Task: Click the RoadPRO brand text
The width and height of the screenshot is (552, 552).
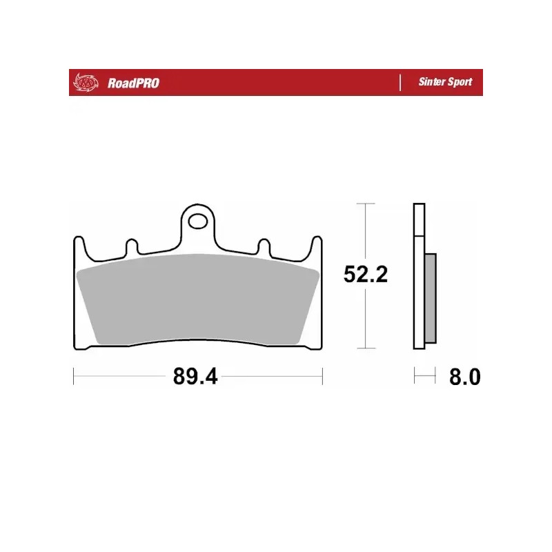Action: pos(133,83)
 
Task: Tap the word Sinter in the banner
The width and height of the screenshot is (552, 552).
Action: pos(431,82)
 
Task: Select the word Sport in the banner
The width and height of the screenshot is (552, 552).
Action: pos(460,82)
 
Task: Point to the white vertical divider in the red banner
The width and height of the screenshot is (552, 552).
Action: pos(400,82)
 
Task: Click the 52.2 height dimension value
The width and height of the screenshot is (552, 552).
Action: pos(366,275)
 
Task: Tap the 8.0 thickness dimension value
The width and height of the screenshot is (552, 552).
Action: pos(464,377)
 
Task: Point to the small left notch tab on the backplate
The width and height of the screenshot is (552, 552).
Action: pos(131,246)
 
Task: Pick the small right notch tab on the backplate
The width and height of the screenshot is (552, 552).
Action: pos(264,246)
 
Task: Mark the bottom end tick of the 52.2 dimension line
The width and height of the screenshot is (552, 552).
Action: pos(365,348)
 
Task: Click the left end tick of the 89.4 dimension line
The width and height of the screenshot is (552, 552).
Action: pos(73,377)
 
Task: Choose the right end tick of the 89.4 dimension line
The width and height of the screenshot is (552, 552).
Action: pos(323,377)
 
